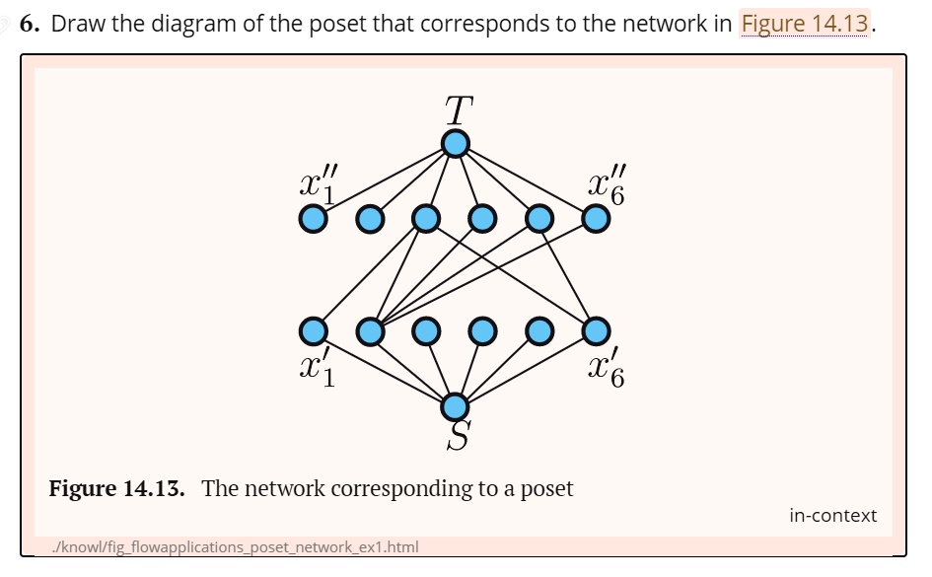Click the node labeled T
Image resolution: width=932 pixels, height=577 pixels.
click(x=455, y=144)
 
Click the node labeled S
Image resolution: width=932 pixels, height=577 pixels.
click(x=455, y=405)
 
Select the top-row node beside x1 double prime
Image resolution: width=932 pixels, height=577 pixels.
click(x=313, y=218)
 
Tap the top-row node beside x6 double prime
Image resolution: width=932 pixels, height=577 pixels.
click(x=596, y=218)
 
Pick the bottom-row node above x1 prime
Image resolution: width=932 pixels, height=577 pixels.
click(x=313, y=330)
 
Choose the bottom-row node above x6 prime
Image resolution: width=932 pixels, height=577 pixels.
click(x=596, y=330)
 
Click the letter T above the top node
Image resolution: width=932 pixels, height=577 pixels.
click(x=455, y=110)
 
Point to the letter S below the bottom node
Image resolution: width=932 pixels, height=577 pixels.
click(x=458, y=435)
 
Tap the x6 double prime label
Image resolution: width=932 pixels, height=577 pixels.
click(x=605, y=183)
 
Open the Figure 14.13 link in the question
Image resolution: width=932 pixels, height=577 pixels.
click(x=805, y=24)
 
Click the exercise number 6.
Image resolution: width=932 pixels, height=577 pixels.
click(x=31, y=24)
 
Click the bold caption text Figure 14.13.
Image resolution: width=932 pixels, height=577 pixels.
click(x=117, y=488)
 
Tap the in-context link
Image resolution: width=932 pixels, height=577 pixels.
click(x=832, y=515)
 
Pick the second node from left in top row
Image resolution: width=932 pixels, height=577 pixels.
click(x=370, y=218)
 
